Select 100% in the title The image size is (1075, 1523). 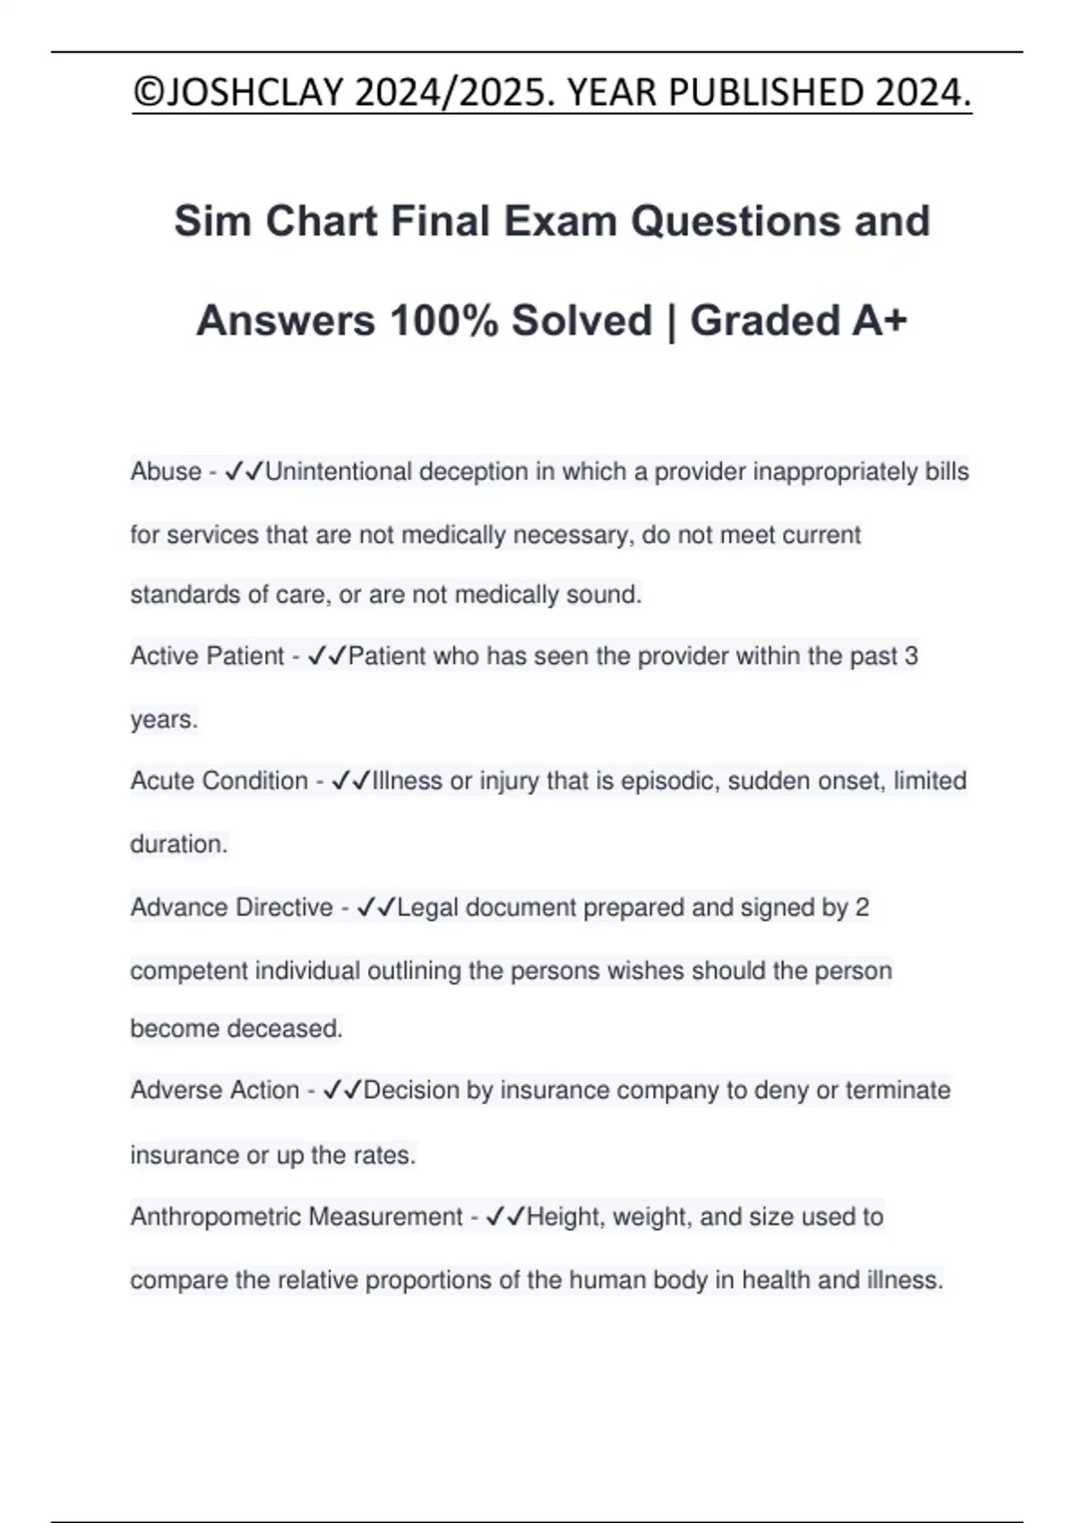coord(443,321)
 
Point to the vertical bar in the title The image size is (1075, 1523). coord(671,321)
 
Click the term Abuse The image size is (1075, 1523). coord(166,471)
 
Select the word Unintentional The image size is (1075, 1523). coord(338,471)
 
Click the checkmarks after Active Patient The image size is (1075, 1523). coord(326,657)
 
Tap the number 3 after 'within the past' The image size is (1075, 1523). coord(911,657)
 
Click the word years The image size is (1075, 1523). coord(163,719)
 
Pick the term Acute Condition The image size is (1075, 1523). coord(219,781)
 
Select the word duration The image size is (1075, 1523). coord(178,844)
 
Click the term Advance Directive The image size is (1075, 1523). coord(231,908)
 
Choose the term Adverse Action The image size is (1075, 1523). coord(215,1090)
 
